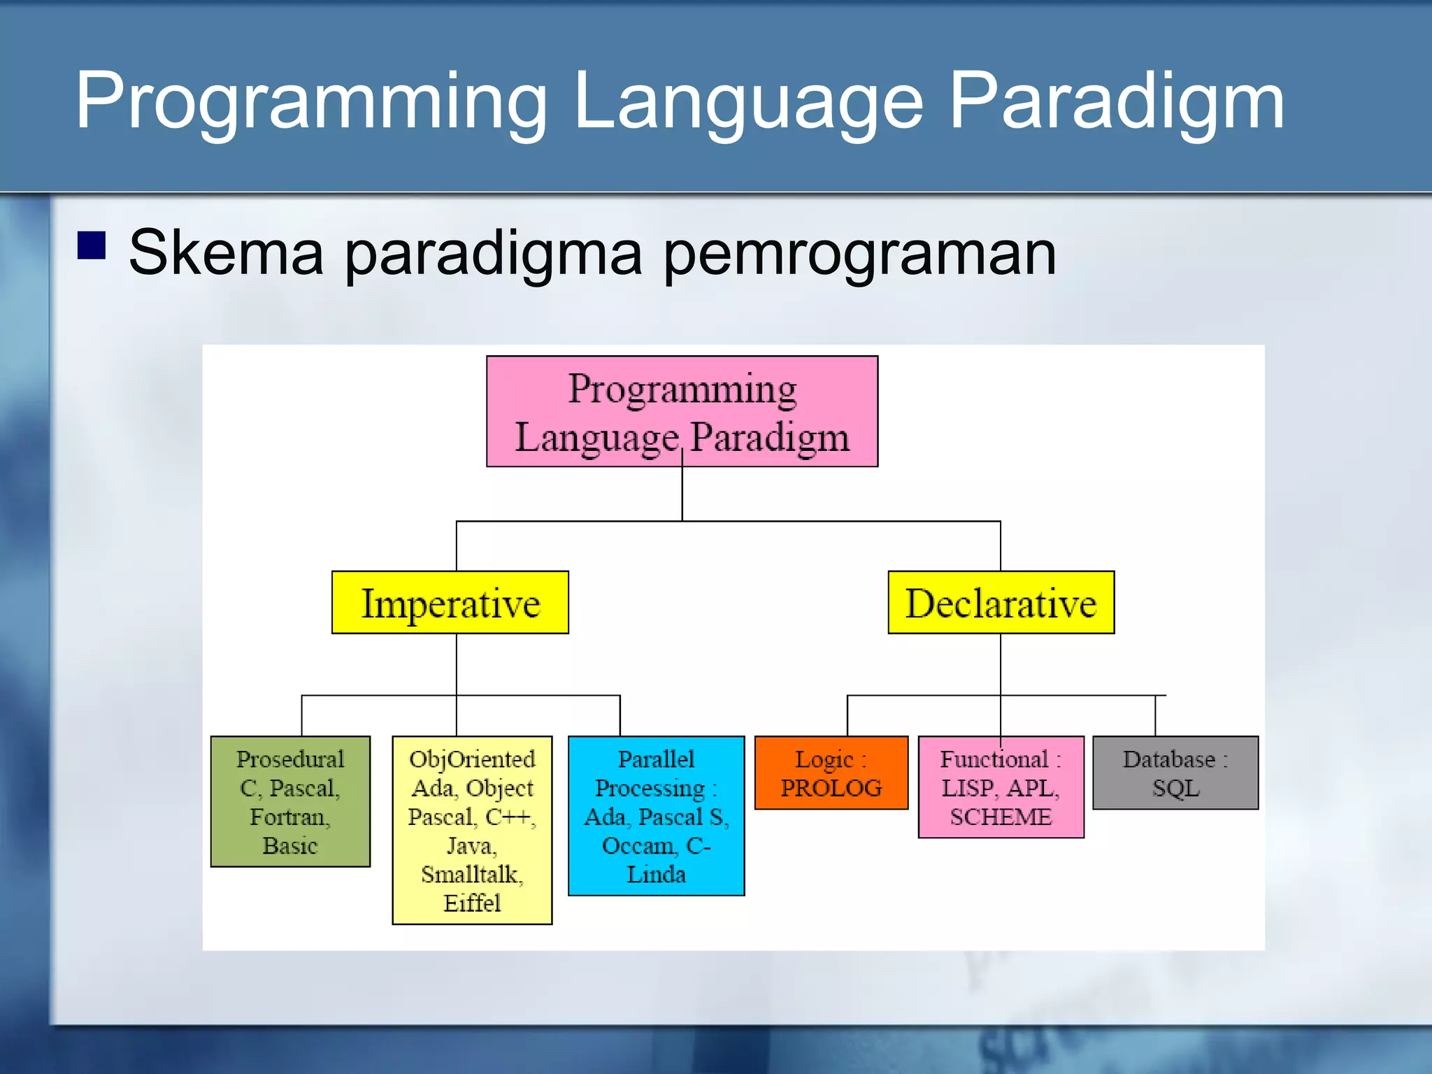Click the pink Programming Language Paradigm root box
click(x=682, y=411)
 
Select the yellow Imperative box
click(x=450, y=602)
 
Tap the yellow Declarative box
click(x=1001, y=602)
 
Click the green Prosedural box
click(x=290, y=801)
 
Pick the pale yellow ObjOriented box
click(x=472, y=830)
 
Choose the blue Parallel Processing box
click(x=656, y=815)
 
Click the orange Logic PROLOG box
click(x=831, y=773)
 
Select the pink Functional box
click(x=1001, y=787)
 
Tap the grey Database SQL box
click(x=1175, y=773)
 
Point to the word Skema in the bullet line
click(x=226, y=252)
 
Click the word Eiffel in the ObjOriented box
click(x=472, y=903)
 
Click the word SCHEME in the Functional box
click(x=1001, y=817)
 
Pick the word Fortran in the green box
click(x=288, y=817)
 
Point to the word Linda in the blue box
click(x=656, y=874)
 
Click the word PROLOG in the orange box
click(x=831, y=788)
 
